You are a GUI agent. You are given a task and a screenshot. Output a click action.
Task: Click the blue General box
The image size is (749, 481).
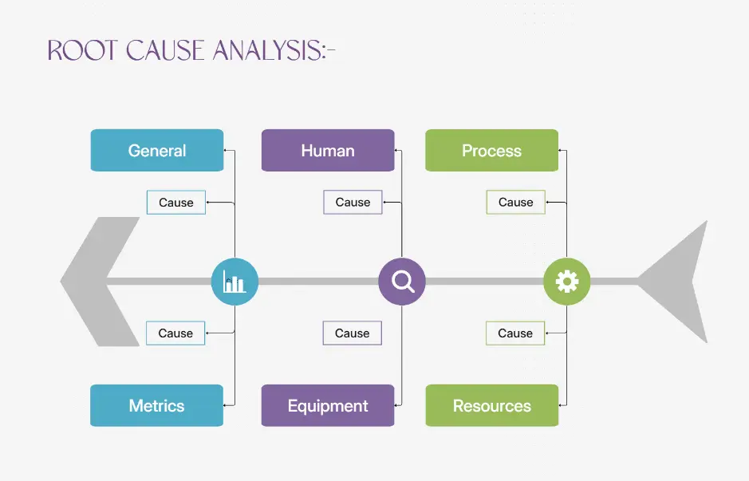click(x=156, y=150)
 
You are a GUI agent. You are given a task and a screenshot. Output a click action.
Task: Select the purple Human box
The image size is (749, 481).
click(x=328, y=150)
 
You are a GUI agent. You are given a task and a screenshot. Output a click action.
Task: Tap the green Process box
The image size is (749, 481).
click(x=491, y=150)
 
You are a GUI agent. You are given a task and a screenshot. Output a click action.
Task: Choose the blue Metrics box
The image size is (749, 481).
click(x=156, y=405)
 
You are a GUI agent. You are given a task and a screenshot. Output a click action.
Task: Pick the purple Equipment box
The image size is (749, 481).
click(x=328, y=405)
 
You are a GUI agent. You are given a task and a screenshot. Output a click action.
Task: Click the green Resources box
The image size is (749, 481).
click(x=491, y=405)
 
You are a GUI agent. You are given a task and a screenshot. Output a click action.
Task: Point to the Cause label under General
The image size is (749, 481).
click(x=175, y=202)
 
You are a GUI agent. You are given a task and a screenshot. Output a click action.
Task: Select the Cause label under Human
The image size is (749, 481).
click(x=353, y=202)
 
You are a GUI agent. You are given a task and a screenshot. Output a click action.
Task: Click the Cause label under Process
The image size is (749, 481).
click(x=515, y=202)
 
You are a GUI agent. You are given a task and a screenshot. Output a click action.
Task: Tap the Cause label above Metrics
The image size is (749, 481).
click(x=175, y=333)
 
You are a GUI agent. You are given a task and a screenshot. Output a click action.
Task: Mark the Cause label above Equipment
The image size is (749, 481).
click(x=352, y=333)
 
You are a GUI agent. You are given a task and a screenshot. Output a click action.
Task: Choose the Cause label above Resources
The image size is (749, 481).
click(x=515, y=333)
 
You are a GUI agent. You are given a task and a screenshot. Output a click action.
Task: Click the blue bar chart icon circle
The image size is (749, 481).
click(x=235, y=281)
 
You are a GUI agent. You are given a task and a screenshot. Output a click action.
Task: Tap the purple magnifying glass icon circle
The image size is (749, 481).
click(x=401, y=281)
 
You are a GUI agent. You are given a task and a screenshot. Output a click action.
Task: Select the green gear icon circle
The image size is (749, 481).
click(x=566, y=281)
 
